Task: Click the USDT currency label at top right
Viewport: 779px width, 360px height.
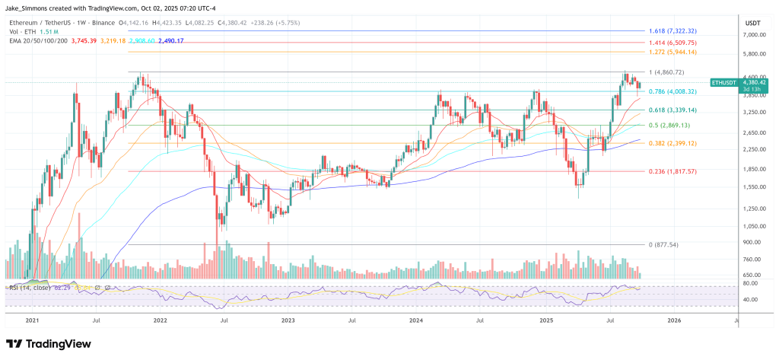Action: (753, 22)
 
